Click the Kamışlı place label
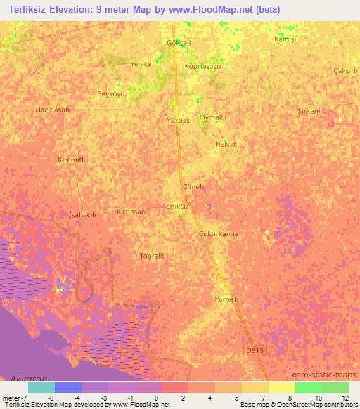286,39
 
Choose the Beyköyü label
111,93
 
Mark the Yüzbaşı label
180,121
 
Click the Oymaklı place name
212,117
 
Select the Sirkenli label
309,112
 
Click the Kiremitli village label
71,160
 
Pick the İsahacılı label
83,214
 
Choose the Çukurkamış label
219,234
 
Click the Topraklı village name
153,256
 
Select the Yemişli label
226,299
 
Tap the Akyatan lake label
25,378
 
